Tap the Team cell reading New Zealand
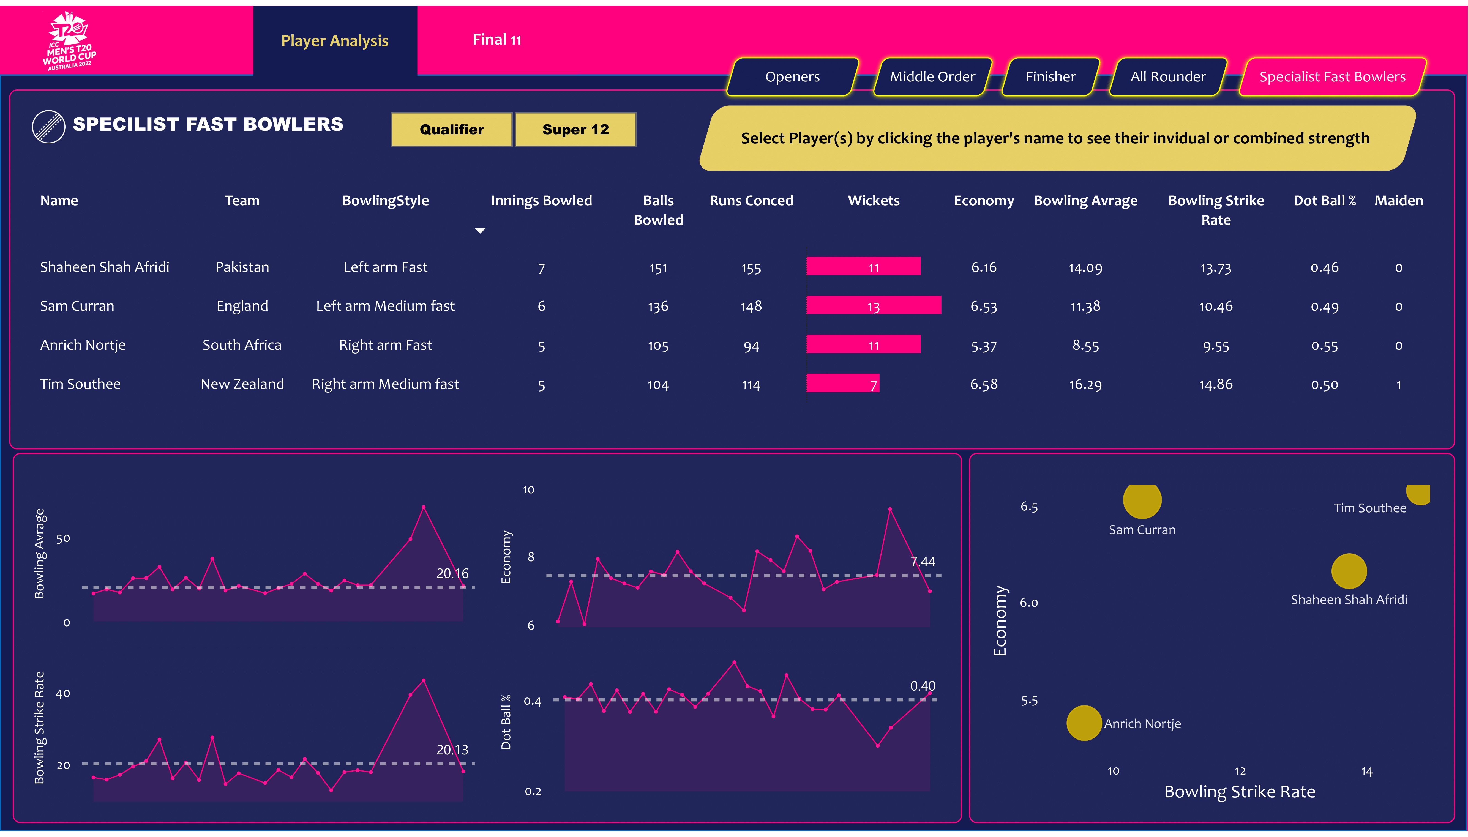(242, 384)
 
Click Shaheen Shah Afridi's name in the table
(105, 267)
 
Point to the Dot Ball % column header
(1324, 201)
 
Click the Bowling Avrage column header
(1085, 201)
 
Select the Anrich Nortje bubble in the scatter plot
(1083, 723)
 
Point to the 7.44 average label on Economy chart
(922, 562)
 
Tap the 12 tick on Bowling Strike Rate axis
(1240, 771)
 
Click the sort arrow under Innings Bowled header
(480, 231)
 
